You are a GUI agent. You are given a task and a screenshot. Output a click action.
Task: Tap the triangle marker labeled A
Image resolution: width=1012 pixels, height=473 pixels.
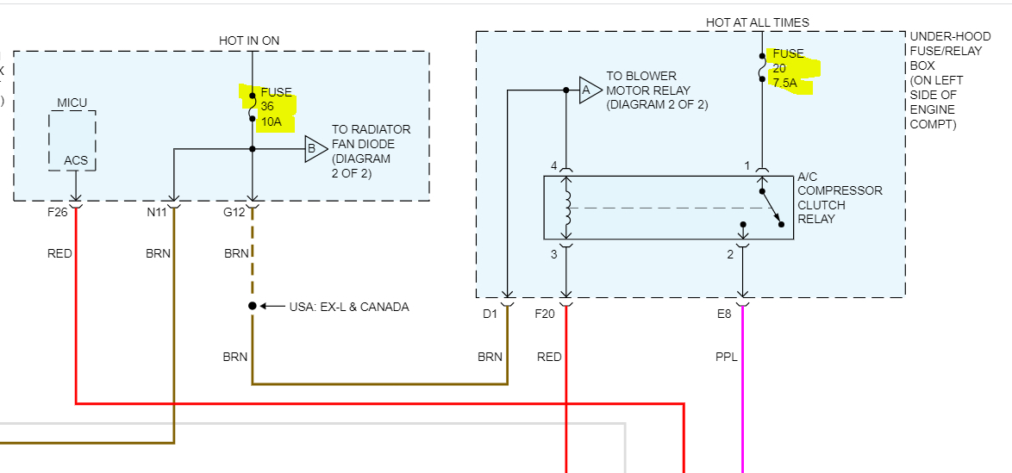(587, 90)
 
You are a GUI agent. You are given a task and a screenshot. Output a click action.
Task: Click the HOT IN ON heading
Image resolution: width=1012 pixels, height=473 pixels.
(249, 40)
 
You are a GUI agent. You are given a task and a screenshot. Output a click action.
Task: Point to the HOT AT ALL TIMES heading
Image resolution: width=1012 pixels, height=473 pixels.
(758, 22)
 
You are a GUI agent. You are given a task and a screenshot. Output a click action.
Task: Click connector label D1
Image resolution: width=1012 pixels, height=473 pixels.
(490, 314)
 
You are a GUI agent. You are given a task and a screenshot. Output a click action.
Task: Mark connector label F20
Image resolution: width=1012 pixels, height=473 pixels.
(545, 314)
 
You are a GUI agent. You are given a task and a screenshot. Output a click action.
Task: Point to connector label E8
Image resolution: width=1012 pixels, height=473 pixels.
(724, 314)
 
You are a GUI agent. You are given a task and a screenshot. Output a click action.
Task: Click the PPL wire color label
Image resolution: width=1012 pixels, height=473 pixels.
(727, 357)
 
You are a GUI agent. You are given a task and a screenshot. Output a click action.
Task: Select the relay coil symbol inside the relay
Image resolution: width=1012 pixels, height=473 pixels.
(566, 208)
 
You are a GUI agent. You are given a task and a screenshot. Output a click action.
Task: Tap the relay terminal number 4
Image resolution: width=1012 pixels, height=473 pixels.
(554, 165)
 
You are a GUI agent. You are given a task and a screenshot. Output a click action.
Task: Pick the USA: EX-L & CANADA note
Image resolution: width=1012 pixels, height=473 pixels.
(348, 307)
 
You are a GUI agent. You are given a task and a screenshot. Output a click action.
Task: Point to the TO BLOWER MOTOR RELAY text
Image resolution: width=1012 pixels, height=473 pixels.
(648, 90)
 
